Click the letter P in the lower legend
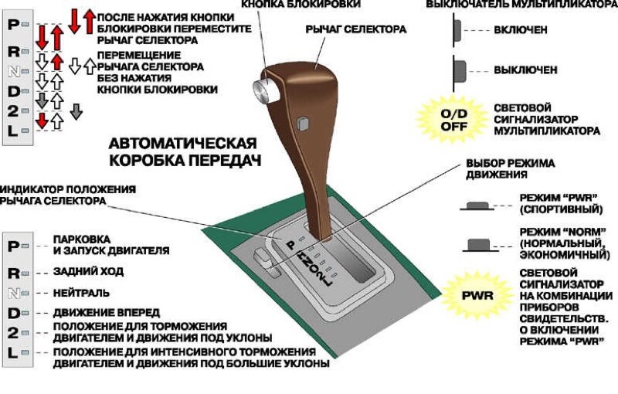(13, 246)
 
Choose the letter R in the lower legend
(13, 273)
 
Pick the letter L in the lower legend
(13, 353)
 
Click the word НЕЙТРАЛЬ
(81, 293)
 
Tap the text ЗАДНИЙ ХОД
(88, 272)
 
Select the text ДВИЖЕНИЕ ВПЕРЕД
(107, 312)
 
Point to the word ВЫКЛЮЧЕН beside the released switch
(525, 70)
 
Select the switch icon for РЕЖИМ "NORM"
(480, 245)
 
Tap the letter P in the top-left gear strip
(13, 24)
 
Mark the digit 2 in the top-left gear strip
(13, 110)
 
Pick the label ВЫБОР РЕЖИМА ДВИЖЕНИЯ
(509, 169)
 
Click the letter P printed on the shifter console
(291, 244)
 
